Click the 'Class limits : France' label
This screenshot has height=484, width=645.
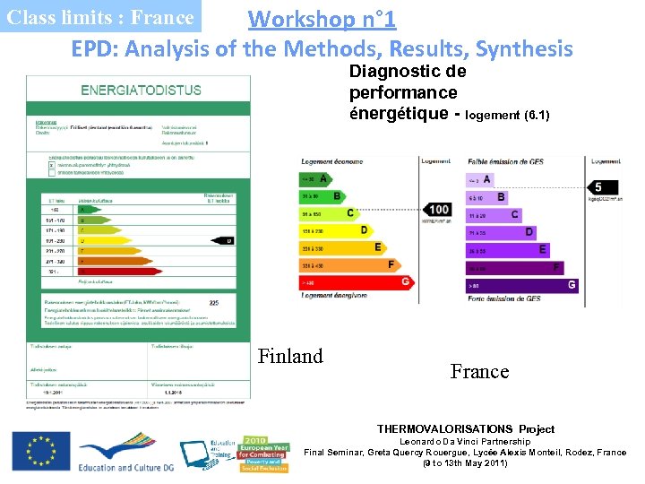(99, 17)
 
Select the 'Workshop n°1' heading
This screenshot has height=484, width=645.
(322, 18)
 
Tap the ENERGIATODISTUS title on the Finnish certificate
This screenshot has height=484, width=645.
(141, 90)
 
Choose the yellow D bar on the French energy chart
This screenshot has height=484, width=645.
(336, 230)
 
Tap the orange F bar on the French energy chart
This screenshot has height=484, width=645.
(350, 264)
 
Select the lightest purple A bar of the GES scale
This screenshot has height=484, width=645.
(478, 179)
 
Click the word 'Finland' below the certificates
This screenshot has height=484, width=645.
(290, 356)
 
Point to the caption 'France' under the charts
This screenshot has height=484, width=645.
(479, 371)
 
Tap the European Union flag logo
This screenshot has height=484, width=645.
(41, 451)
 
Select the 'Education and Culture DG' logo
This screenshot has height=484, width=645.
(125, 454)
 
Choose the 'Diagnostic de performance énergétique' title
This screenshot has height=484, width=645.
(408, 92)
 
